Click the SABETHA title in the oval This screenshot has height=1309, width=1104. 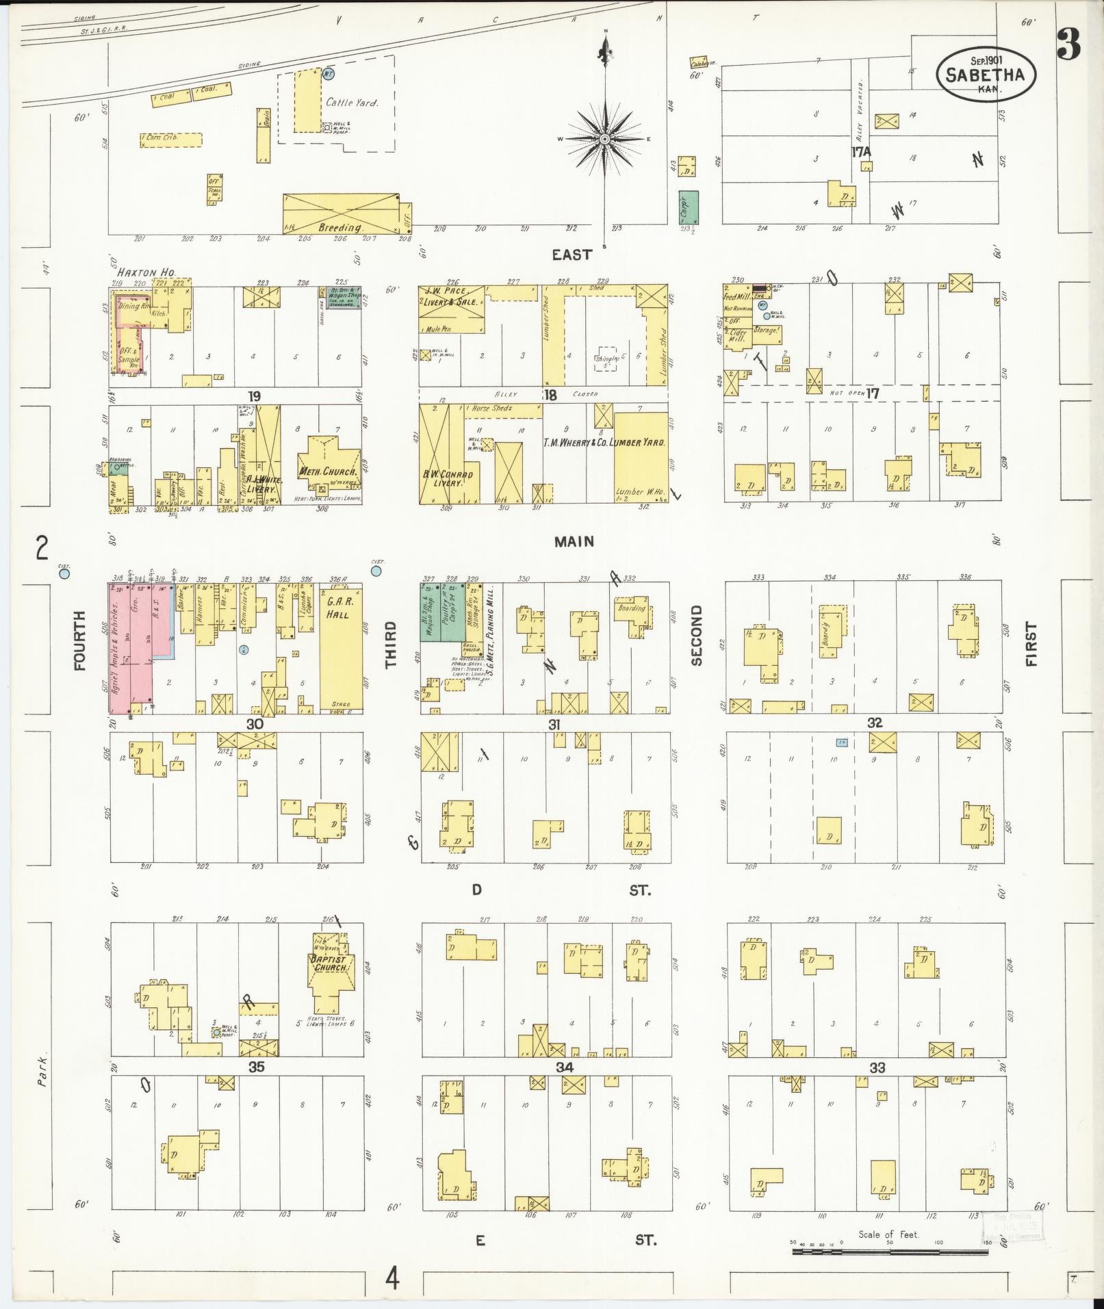[985, 75]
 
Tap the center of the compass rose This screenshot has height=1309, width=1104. [605, 139]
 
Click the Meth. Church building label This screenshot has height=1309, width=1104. [328, 471]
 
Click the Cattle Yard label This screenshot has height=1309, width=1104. [352, 103]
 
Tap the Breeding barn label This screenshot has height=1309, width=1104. [339, 226]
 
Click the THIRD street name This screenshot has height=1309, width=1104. [391, 645]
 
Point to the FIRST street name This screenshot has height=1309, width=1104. [1031, 644]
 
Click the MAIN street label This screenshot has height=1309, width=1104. [574, 541]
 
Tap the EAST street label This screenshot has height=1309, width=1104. [572, 255]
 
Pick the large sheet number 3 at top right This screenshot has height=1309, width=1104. [1068, 44]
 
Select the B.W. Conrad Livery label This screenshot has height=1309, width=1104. [448, 478]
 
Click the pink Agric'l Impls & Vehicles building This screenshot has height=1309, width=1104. [130, 647]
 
